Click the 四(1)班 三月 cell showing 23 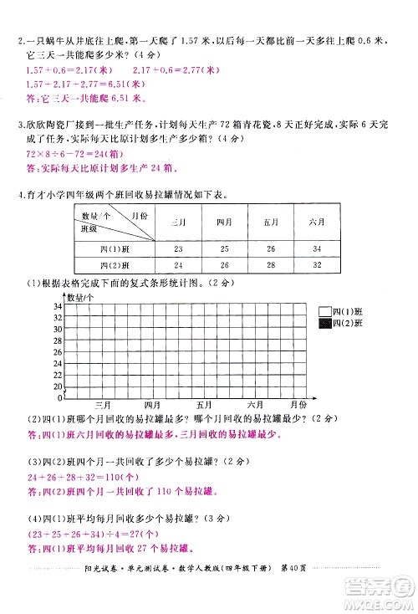tap(178, 250)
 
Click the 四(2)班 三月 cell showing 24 tap(178, 266)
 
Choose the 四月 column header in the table tap(224, 223)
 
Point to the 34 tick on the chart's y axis tap(58, 307)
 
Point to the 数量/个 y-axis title tap(81, 297)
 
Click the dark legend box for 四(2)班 tap(324, 322)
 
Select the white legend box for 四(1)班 tap(324, 310)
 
